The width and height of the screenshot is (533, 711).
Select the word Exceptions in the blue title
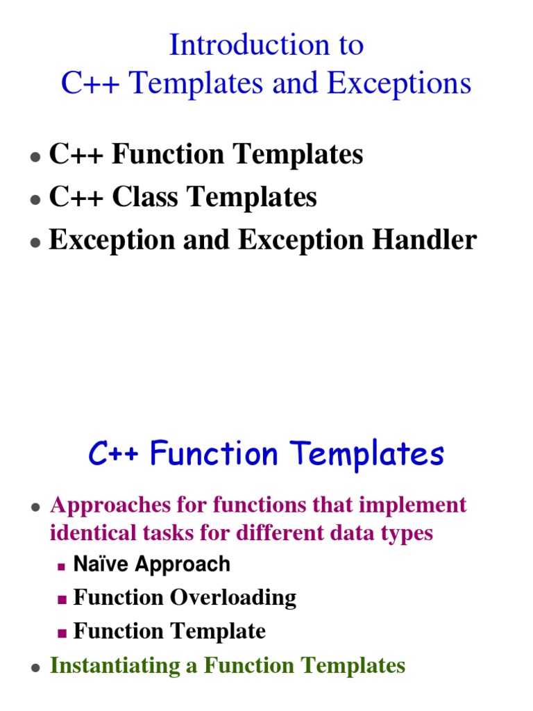pos(399,84)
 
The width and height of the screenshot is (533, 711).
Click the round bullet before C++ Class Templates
pos(34,199)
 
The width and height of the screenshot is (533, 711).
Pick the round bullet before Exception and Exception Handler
pos(34,242)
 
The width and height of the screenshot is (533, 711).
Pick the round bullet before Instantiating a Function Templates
pos(34,667)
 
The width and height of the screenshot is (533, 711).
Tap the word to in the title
pos(348,46)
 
